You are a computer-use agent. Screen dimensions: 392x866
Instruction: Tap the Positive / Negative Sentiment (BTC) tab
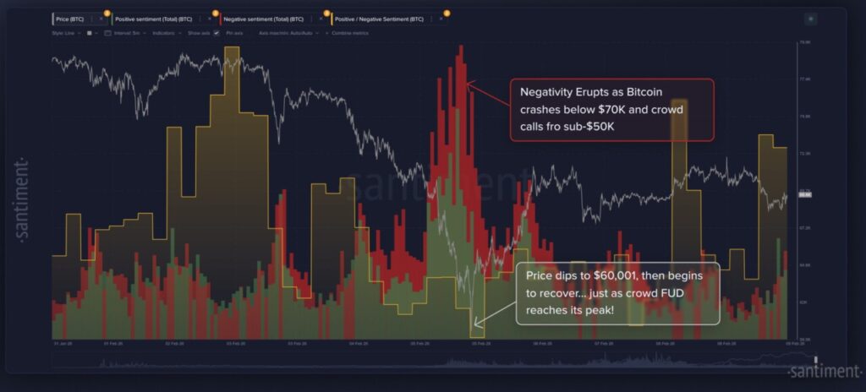[x=378, y=18]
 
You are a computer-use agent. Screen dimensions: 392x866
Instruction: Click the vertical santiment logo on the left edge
[x=23, y=199]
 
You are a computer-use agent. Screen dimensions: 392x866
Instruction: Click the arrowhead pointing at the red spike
[x=470, y=84]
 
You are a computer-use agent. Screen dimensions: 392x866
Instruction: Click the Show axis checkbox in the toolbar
[x=216, y=32]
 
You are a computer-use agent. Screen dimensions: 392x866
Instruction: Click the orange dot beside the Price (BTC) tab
[x=107, y=13]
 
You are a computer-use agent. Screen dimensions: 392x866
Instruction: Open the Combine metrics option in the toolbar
[x=354, y=32]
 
